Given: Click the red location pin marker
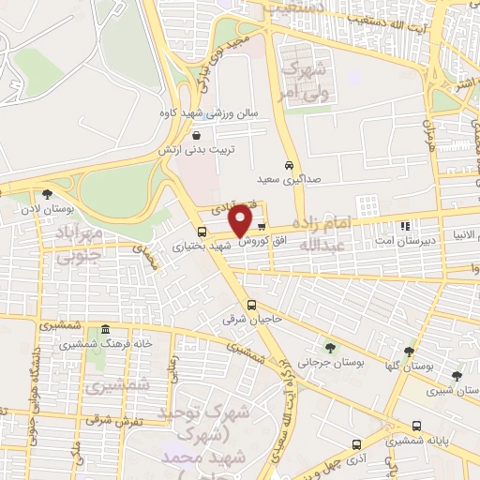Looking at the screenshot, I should point(241,220).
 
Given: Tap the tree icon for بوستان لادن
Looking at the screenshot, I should point(48,195).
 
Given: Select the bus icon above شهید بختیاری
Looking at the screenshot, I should point(202,232).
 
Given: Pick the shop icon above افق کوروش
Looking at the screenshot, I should point(261,226).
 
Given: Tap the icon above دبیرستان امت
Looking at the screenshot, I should point(405,225).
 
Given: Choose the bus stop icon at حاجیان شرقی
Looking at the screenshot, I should point(250,304).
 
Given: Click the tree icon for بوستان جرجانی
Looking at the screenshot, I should point(327,348).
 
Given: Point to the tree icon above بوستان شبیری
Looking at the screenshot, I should point(457,376).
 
